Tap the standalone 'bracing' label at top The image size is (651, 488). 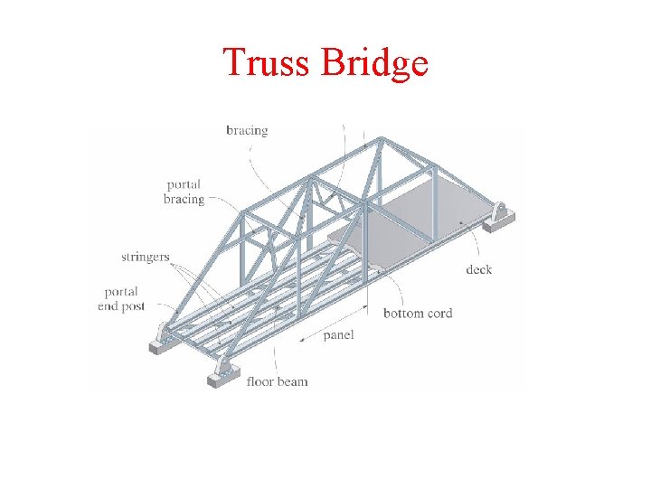coord(247,131)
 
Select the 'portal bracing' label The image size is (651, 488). coord(184,192)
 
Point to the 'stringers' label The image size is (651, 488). coord(146,258)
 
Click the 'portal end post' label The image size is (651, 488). coord(120,299)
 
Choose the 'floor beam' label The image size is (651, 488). coord(277,381)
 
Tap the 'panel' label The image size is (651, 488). coord(338,335)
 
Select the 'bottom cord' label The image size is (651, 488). coord(418,314)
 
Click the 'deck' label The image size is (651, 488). coord(479,269)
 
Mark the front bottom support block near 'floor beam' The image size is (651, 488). coord(223,372)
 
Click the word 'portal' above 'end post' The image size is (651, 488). coord(121,292)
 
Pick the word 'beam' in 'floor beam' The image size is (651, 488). coord(292,381)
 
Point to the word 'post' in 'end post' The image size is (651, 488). coord(133,307)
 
